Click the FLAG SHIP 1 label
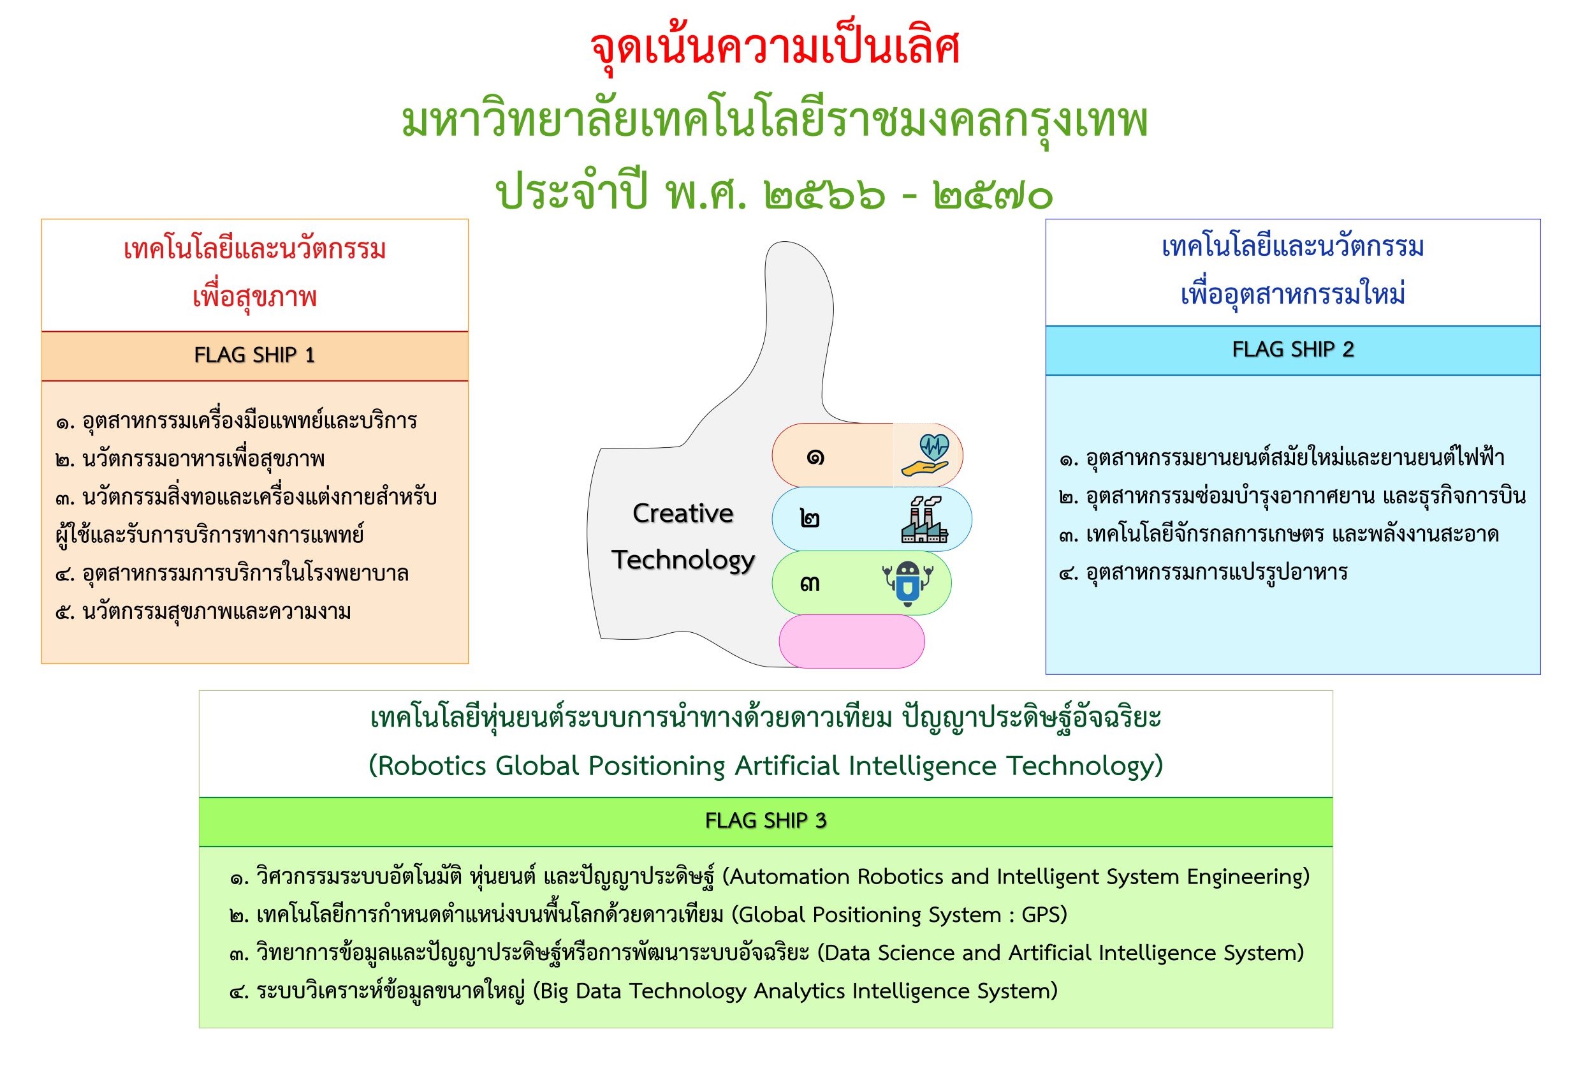pos(254,355)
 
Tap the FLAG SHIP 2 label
pos(1293,349)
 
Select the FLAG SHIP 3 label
pos(766,821)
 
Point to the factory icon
pos(924,519)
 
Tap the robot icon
pos(907,583)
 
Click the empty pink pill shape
pos(851,641)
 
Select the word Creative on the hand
pos(683,514)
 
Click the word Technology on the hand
pos(683,561)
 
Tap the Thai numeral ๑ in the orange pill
pos(815,457)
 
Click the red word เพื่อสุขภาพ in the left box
pos(254,297)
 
